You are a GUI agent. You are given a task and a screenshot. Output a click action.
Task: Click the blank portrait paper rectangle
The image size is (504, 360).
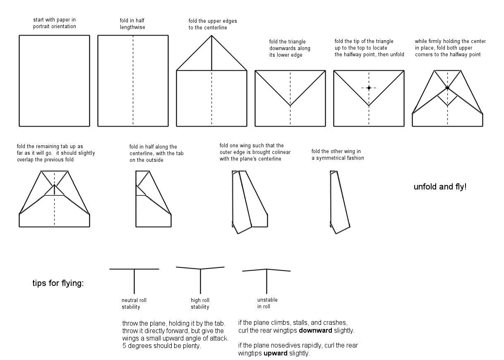click(54, 81)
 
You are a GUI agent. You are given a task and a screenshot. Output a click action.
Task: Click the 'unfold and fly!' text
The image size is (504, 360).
click(440, 187)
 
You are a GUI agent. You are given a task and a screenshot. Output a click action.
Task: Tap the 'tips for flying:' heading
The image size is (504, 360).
click(58, 283)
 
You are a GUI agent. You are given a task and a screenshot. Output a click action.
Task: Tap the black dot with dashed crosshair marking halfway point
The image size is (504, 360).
click(369, 88)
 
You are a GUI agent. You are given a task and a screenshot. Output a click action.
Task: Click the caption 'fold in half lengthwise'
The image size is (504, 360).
click(132, 24)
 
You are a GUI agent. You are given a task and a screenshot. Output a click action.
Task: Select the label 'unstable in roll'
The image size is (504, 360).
click(267, 303)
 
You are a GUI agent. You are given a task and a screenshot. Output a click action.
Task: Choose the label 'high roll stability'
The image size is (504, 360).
click(200, 303)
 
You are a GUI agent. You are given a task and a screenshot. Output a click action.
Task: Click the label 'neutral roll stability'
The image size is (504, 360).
click(134, 303)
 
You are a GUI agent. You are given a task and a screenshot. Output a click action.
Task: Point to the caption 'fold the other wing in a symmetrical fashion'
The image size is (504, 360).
click(338, 154)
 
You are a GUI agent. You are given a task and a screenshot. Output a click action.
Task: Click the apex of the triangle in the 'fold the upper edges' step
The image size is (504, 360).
click(211, 36)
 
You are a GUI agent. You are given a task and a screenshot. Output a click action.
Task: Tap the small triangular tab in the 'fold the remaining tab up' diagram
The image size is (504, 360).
click(54, 191)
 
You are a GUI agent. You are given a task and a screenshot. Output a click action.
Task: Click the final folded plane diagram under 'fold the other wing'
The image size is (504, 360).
click(340, 203)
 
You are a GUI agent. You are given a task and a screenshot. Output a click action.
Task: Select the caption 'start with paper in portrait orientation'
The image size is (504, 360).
click(55, 23)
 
